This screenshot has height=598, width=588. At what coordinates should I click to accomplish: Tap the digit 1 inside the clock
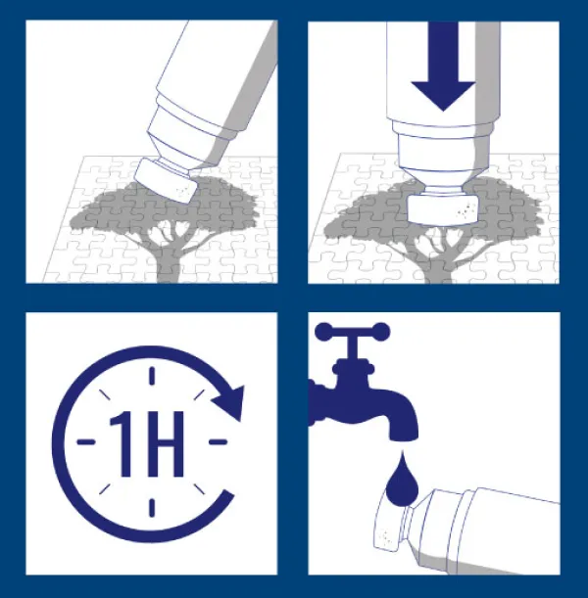[x=122, y=443]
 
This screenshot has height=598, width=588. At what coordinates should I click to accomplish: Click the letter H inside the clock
[x=165, y=444]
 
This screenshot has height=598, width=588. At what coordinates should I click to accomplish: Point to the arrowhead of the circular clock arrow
[x=230, y=402]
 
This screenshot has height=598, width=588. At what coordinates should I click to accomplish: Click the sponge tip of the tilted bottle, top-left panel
[x=166, y=181]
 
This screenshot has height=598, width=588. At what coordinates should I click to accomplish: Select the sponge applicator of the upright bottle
[x=443, y=209]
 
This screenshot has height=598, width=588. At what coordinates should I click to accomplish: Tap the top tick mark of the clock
[x=152, y=376]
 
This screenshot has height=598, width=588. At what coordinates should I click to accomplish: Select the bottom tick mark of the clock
[x=152, y=508]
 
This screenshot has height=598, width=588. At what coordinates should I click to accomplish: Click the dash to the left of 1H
[x=86, y=442]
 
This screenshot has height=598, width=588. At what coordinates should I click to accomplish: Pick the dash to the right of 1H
[x=218, y=442]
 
